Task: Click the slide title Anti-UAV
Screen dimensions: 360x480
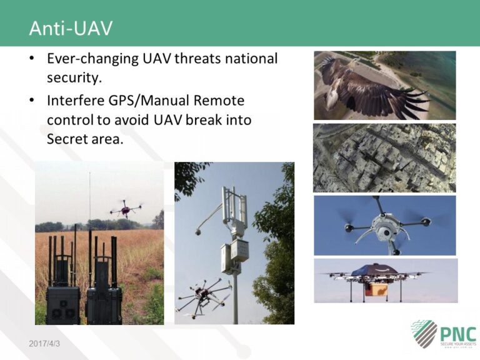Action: tap(71, 29)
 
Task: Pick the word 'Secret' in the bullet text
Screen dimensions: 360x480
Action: tap(67, 139)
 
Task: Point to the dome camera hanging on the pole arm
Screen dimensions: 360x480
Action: tap(198, 231)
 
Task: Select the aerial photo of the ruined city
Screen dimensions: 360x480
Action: tap(384, 157)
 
